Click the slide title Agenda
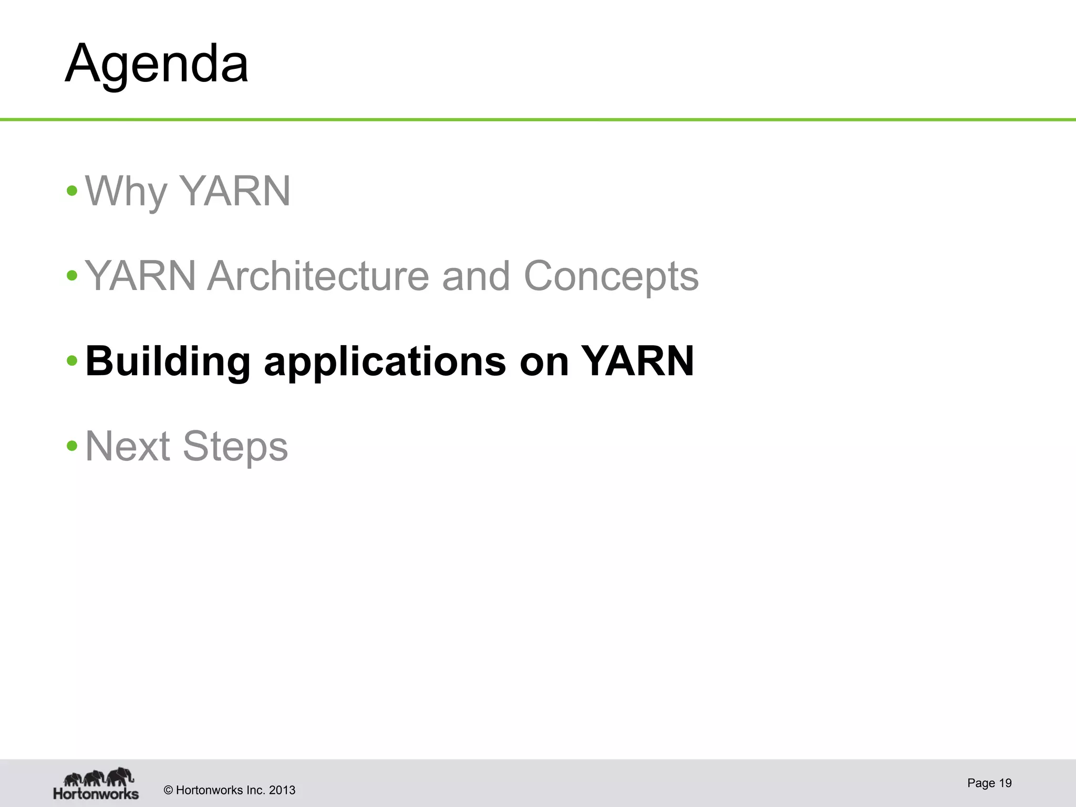(x=157, y=64)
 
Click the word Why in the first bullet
(x=126, y=191)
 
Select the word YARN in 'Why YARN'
(x=234, y=191)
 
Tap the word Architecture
(x=318, y=276)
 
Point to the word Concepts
(x=611, y=277)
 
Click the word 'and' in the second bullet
(x=476, y=276)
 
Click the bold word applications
(x=385, y=362)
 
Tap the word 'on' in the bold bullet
(x=544, y=362)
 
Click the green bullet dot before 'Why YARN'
(x=72, y=190)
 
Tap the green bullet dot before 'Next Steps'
(x=72, y=446)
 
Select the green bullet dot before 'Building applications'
(x=72, y=361)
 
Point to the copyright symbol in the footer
(x=169, y=790)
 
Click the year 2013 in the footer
(x=282, y=790)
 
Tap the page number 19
(x=1005, y=783)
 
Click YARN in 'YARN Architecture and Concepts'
(x=140, y=276)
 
